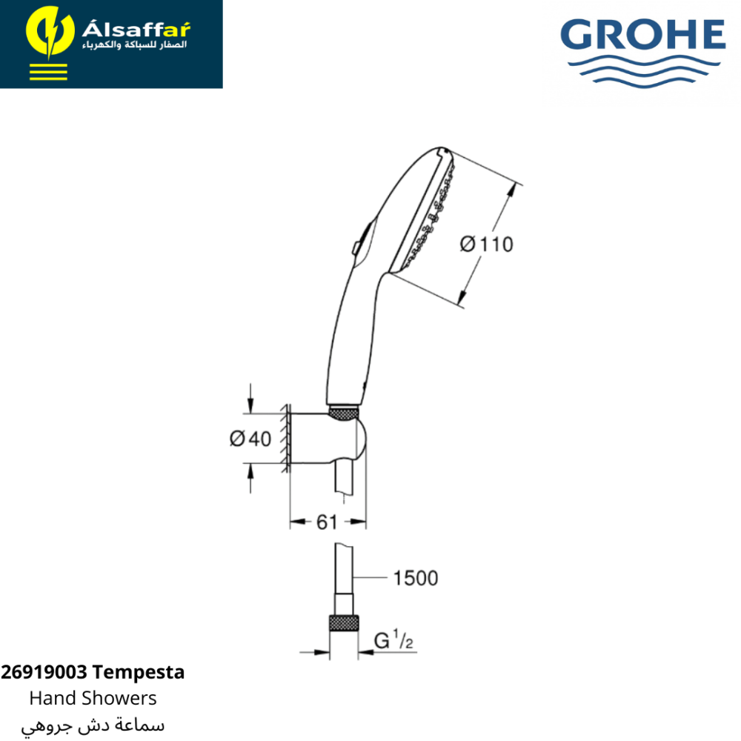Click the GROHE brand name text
point(642,34)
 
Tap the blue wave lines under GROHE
point(644,71)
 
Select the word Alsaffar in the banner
point(136,29)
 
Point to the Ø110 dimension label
point(486,245)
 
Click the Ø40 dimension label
point(250,439)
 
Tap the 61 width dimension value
point(327,522)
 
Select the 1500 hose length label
point(416,578)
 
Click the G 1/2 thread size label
point(393,639)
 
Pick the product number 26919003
point(44,672)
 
